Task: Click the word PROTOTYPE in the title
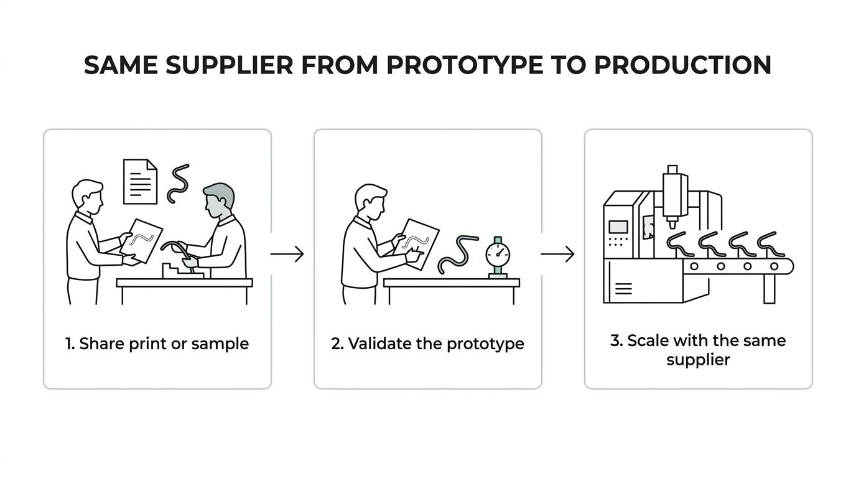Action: pos(465,65)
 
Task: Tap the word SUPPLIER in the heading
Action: pos(229,65)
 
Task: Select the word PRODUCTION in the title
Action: pos(682,65)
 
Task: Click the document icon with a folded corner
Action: pos(140,182)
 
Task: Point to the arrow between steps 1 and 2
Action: pos(287,254)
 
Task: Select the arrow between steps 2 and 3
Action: pos(557,254)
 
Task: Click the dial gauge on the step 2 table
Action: pos(498,257)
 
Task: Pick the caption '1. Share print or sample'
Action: pos(157,344)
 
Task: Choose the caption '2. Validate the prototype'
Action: pos(427,344)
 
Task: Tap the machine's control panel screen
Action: pos(618,227)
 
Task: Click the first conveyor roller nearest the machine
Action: pos(694,266)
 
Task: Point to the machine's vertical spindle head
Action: pos(673,197)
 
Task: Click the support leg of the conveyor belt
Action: pos(770,289)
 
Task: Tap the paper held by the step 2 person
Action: pos(416,244)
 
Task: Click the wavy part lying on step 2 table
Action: pos(458,253)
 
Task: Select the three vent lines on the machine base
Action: pos(623,289)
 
